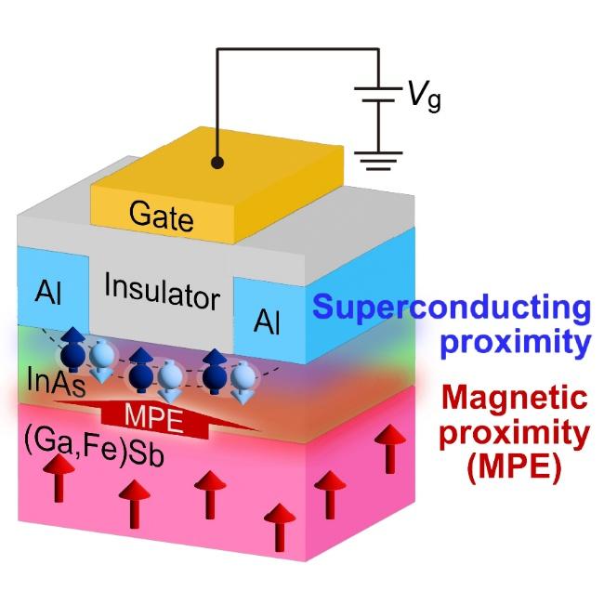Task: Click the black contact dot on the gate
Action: click(x=217, y=162)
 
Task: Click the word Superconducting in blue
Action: click(x=452, y=309)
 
